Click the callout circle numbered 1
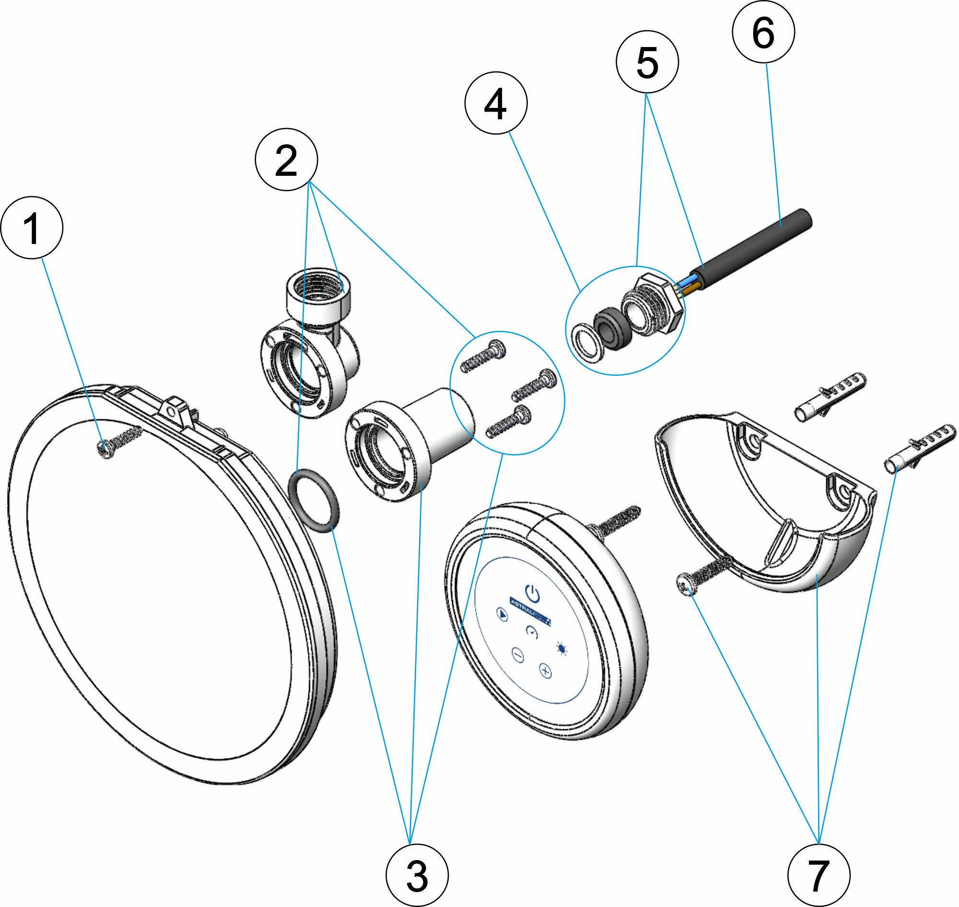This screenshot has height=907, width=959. [32, 228]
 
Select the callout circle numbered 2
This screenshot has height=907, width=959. [286, 160]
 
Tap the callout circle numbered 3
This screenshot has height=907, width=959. [417, 875]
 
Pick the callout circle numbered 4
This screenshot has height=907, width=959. [496, 103]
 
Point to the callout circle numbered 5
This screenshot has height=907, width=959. [647, 62]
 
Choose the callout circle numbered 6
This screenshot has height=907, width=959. [763, 32]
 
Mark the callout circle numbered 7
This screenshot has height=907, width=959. [819, 875]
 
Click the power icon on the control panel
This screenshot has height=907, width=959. [532, 592]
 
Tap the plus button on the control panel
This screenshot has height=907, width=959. [546, 672]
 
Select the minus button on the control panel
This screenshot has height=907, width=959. [518, 656]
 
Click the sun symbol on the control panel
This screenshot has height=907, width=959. [561, 648]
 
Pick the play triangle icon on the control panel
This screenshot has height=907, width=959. [503, 615]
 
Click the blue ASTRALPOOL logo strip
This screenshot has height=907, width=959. [530, 612]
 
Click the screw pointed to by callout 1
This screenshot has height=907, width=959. [117, 442]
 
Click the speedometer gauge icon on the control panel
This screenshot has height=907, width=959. [532, 631]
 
